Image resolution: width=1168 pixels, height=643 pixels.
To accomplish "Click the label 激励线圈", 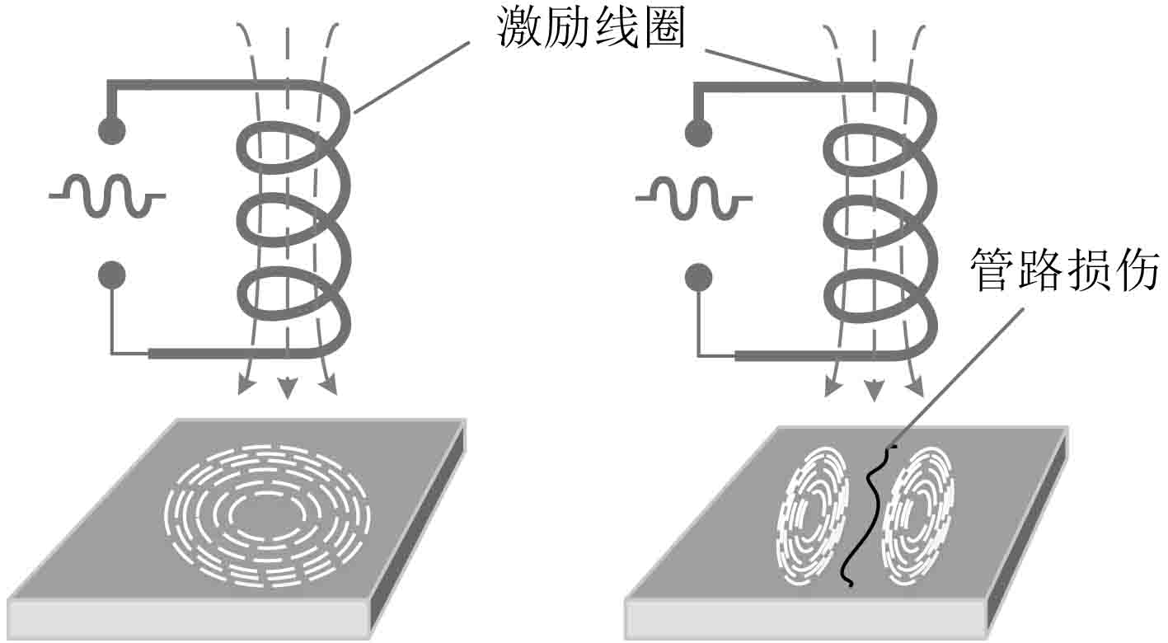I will (x=592, y=29).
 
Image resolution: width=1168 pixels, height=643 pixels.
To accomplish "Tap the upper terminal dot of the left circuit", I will (x=111, y=129).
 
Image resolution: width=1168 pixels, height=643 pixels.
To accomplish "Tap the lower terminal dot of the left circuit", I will (x=111, y=275).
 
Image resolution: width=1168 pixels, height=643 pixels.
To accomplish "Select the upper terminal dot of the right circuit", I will (x=698, y=132).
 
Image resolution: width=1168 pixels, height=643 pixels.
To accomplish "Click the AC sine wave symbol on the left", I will (x=107, y=196).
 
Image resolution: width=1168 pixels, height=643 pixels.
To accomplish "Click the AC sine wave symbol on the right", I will (x=692, y=198).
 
